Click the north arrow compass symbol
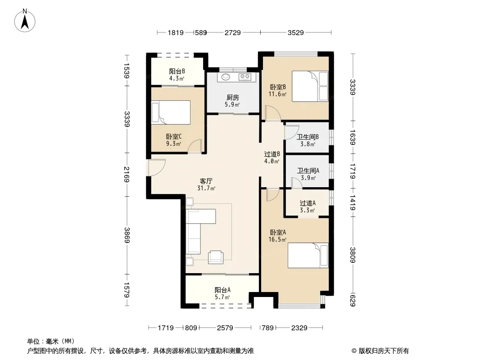25,21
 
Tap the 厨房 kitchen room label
233,98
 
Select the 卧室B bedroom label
278,87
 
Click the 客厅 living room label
206,181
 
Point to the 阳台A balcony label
222,290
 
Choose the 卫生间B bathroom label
308,137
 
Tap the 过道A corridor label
308,203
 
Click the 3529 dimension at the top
296,32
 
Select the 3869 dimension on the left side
127,235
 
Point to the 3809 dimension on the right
353,255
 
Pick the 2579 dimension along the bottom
225,328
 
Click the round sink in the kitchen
226,77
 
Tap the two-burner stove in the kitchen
245,77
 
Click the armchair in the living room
216,257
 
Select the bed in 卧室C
171,112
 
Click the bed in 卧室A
308,256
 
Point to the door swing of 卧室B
273,113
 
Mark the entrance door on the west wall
156,167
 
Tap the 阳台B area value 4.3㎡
177,79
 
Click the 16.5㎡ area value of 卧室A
277,239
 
